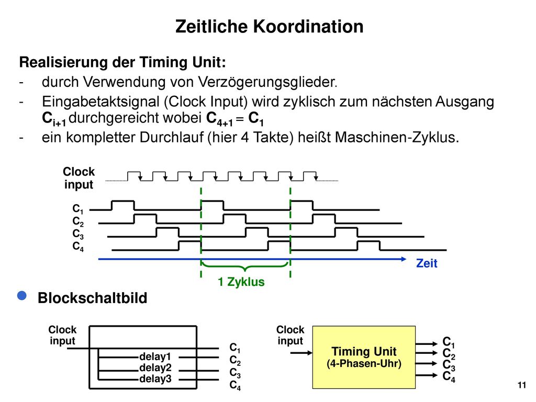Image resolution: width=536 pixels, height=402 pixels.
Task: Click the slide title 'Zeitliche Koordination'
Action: (x=269, y=26)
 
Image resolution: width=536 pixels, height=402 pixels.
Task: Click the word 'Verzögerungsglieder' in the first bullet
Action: (x=267, y=82)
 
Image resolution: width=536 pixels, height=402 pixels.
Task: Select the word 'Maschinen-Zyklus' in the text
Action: (x=397, y=137)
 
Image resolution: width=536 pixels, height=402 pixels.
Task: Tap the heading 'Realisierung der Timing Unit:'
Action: (x=122, y=62)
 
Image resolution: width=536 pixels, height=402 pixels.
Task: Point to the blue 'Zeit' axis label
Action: (x=427, y=263)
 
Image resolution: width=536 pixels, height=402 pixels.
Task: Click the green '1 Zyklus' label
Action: (x=241, y=282)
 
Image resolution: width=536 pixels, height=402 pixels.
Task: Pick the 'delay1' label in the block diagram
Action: (x=155, y=356)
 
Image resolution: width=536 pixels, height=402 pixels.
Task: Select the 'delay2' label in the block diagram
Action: (x=155, y=368)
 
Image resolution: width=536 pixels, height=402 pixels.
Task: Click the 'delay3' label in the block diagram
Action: (x=155, y=379)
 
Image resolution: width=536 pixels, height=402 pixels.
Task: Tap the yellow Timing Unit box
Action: (x=364, y=357)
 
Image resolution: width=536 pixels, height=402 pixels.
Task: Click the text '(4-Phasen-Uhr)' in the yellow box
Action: (x=364, y=363)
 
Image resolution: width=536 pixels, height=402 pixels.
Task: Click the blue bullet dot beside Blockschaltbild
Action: (x=22, y=296)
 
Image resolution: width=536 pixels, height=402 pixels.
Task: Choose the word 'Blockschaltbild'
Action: (x=92, y=298)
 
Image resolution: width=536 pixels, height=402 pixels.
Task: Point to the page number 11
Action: (x=522, y=385)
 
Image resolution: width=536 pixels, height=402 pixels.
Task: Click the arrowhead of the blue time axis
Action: (x=404, y=259)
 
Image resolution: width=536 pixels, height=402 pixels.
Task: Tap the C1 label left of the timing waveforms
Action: (x=78, y=208)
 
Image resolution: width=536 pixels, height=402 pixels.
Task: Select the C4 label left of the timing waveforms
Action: (x=78, y=247)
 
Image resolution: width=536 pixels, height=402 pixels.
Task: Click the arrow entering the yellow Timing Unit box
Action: (x=301, y=353)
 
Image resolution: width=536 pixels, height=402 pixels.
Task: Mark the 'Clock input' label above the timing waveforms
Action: (x=79, y=178)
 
